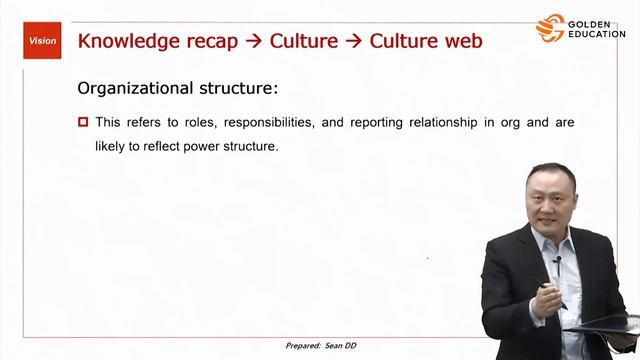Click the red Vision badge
42,41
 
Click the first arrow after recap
254,41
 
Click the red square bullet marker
83,123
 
